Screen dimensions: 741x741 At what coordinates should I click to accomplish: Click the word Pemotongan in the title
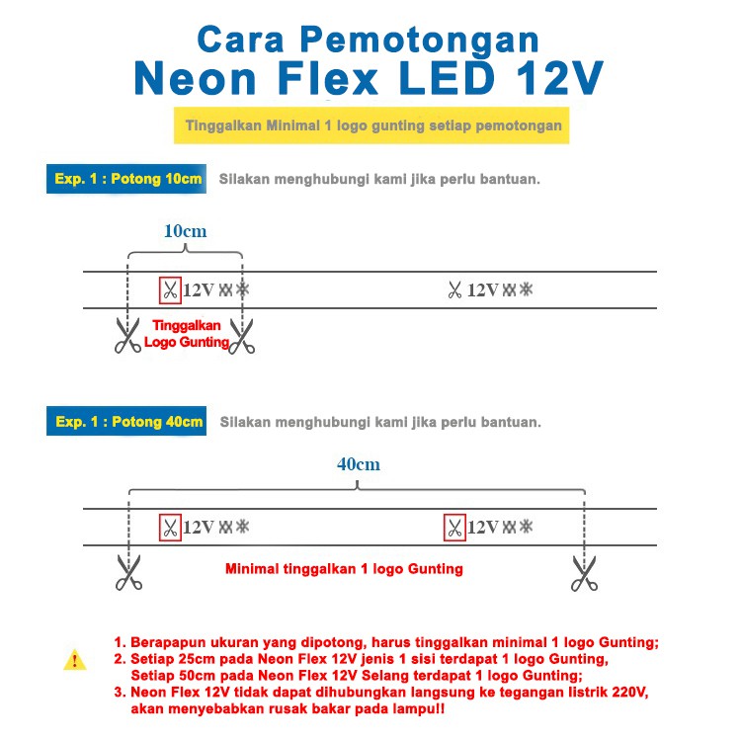(421, 40)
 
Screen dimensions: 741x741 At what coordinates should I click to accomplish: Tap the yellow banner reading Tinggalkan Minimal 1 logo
(373, 126)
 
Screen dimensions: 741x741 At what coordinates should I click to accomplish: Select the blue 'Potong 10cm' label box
(126, 180)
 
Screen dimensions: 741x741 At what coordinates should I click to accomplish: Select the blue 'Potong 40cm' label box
(126, 422)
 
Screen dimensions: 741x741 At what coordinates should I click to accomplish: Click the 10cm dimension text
(185, 230)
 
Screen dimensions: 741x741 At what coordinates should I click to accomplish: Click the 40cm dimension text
(357, 463)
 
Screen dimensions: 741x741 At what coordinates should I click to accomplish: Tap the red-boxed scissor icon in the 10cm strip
(170, 290)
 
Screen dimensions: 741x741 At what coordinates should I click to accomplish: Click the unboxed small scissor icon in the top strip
(454, 290)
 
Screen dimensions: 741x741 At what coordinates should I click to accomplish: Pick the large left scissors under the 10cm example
(127, 335)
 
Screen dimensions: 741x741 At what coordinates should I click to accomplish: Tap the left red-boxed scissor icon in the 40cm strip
(170, 528)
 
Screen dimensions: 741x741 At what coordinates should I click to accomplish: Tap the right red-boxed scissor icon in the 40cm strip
(454, 528)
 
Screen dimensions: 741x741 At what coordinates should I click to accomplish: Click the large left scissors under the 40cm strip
(127, 572)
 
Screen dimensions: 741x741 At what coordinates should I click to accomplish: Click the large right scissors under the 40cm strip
(584, 572)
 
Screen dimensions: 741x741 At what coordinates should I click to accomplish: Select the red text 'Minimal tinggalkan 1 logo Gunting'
(344, 570)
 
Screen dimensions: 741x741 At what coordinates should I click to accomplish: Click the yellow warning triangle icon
(75, 660)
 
